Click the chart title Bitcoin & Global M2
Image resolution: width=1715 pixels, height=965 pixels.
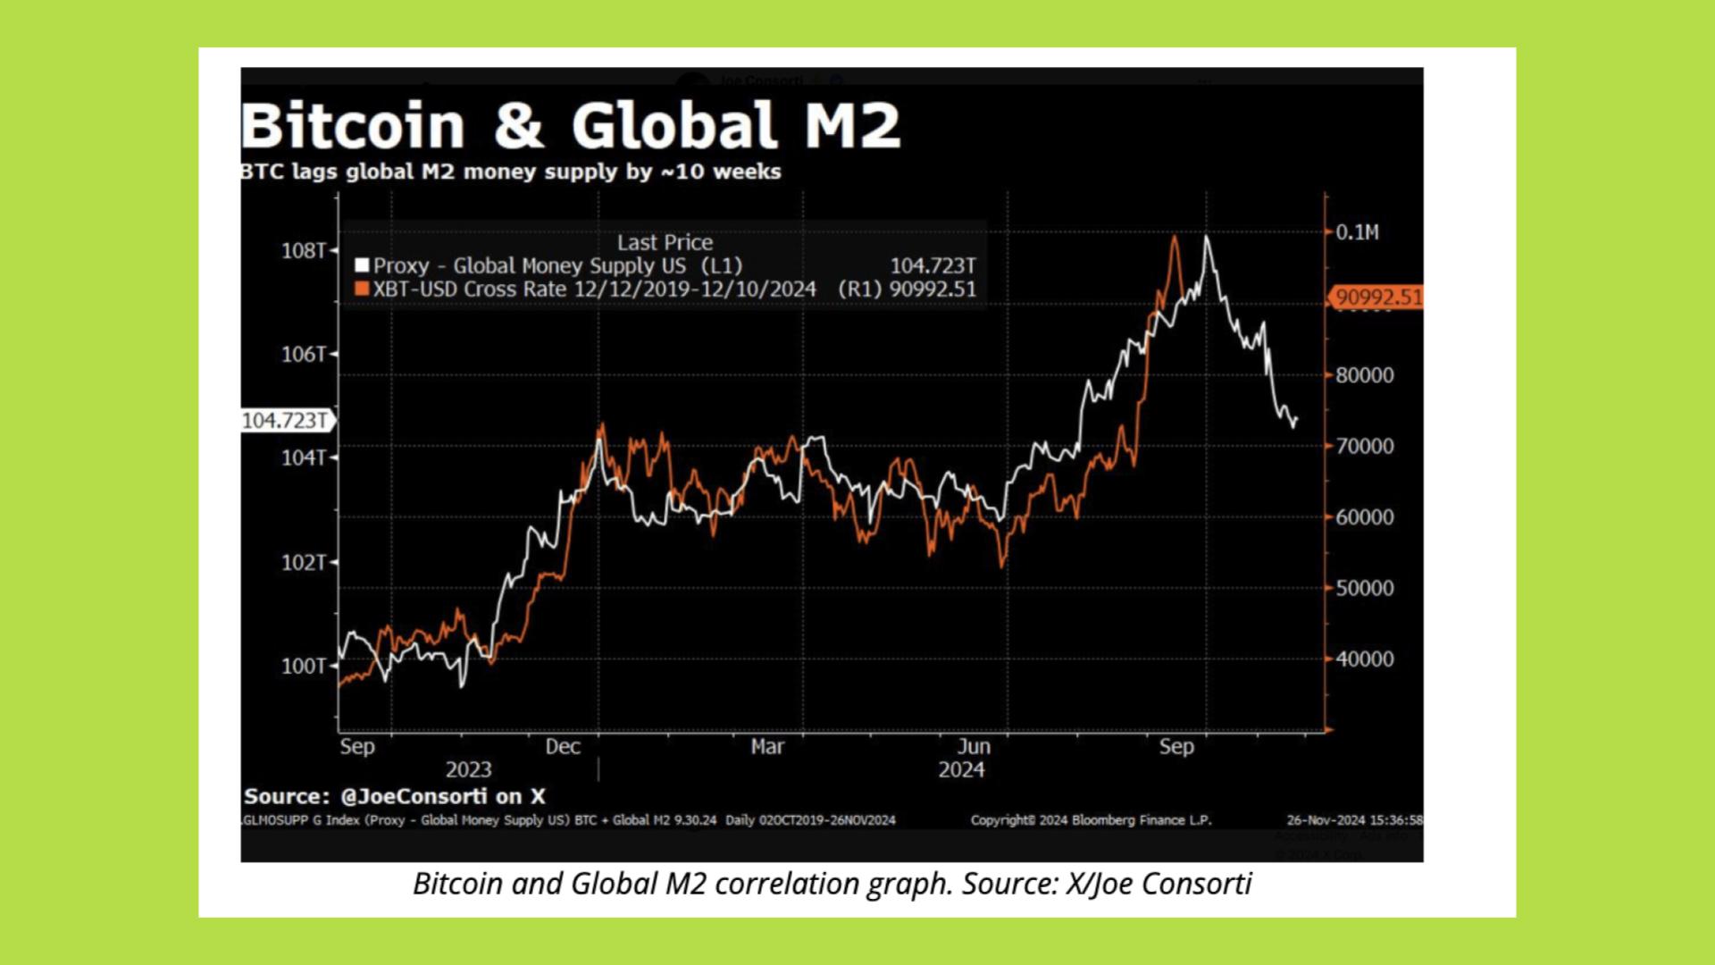pos(570,125)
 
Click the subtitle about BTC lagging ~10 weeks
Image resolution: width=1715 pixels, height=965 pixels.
pos(511,172)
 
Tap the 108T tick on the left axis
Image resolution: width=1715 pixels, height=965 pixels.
pos(304,251)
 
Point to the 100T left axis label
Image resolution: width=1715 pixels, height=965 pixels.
pos(304,667)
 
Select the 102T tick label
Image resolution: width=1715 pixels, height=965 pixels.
pos(304,563)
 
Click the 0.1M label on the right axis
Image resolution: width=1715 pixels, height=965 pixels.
pos(1357,233)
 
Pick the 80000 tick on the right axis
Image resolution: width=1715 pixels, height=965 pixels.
pos(1364,375)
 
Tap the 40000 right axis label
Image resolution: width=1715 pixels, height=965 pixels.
pos(1364,659)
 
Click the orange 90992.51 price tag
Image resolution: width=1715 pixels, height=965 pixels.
pos(1377,297)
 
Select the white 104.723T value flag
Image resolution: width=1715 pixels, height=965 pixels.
pos(285,421)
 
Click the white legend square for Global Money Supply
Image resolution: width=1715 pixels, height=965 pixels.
pos(362,265)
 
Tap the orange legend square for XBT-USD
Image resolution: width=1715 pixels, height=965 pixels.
pos(362,289)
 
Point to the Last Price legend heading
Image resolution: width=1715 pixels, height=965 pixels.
pos(665,242)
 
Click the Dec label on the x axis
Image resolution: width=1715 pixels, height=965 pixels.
pos(563,747)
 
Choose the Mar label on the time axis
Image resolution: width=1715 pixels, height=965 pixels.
pos(767,747)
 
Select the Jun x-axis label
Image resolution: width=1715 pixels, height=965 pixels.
pos(974,747)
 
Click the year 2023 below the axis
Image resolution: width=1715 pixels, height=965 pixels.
pos(468,770)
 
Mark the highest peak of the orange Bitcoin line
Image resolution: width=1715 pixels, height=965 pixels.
pos(1175,238)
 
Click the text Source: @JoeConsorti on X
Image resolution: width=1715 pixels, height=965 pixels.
pos(394,796)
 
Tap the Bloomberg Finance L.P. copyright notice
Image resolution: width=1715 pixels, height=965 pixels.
pos(1091,820)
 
